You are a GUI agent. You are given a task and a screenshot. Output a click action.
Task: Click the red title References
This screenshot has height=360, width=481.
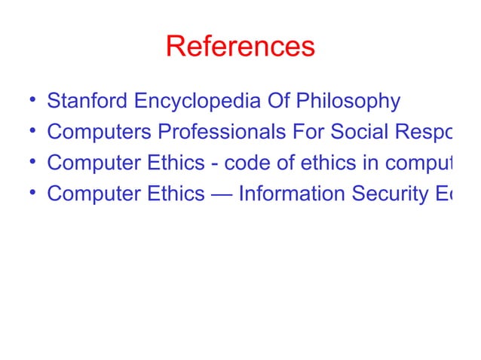[x=240, y=47]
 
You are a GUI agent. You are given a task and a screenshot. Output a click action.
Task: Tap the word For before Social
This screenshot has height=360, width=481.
[x=307, y=132]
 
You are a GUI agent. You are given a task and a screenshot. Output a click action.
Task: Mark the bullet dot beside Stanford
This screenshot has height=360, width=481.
[x=28, y=101]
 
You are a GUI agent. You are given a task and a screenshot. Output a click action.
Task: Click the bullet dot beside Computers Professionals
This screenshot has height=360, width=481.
[x=28, y=132]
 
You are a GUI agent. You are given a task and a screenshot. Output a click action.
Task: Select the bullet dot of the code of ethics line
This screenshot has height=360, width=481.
[x=28, y=163]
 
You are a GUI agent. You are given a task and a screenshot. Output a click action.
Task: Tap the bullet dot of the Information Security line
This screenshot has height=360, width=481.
[x=28, y=194]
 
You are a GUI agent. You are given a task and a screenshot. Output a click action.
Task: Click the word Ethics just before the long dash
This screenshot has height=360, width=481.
[x=181, y=194]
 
